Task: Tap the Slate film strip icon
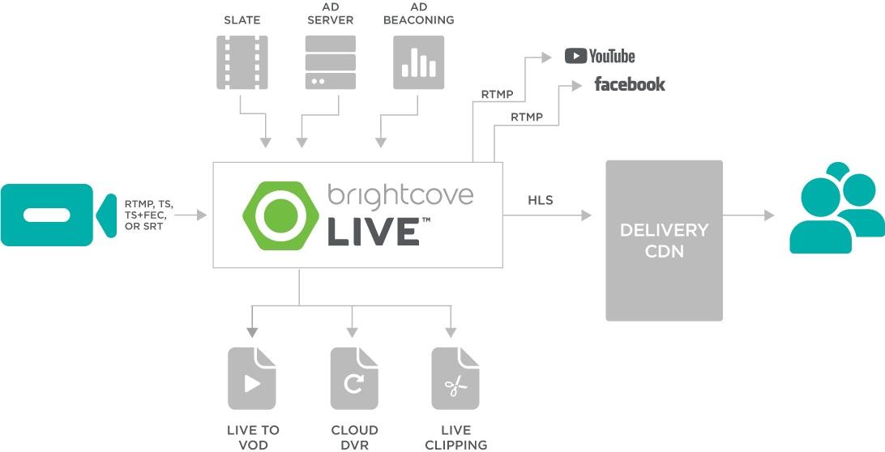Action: [x=242, y=61]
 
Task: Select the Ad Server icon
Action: [x=330, y=61]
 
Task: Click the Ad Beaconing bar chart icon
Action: [x=419, y=61]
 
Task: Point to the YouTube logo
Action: [x=600, y=56]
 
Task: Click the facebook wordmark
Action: [x=629, y=84]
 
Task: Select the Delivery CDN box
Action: [x=664, y=241]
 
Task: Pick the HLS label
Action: [x=541, y=199]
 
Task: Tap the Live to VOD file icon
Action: [x=252, y=378]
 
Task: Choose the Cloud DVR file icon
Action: [x=354, y=378]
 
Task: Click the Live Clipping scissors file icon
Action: [x=455, y=378]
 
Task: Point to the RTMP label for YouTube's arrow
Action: [x=497, y=95]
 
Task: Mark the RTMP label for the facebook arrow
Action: [x=527, y=117]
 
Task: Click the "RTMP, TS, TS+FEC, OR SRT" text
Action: [x=148, y=215]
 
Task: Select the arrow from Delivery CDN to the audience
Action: [x=748, y=215]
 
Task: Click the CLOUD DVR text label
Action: [x=354, y=437]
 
